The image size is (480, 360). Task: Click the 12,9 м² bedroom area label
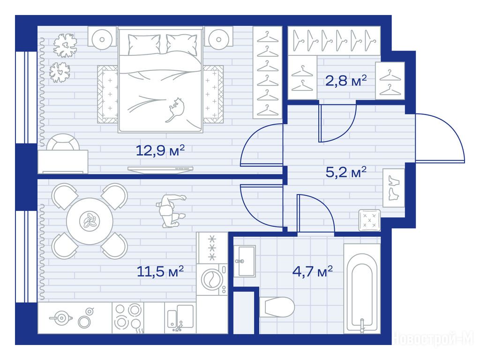160,150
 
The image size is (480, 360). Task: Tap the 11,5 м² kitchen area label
160,271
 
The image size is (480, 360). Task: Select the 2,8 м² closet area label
346,81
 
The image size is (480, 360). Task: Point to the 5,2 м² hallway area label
346,172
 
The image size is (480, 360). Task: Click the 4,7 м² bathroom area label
313,271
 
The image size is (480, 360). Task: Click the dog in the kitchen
170,211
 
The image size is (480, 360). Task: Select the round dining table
90,221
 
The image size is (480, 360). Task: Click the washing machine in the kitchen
212,279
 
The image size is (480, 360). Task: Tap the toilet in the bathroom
277,307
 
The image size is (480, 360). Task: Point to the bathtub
362,288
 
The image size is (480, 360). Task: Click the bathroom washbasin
245,261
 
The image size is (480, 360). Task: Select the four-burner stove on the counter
128,318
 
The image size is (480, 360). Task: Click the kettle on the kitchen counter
61,318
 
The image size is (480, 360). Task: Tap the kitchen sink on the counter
180,318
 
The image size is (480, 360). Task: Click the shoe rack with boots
394,187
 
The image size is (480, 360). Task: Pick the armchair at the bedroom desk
63,142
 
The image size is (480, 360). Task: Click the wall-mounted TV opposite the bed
160,169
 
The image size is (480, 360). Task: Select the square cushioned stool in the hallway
369,220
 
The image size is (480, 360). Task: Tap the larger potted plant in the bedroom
65,45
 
